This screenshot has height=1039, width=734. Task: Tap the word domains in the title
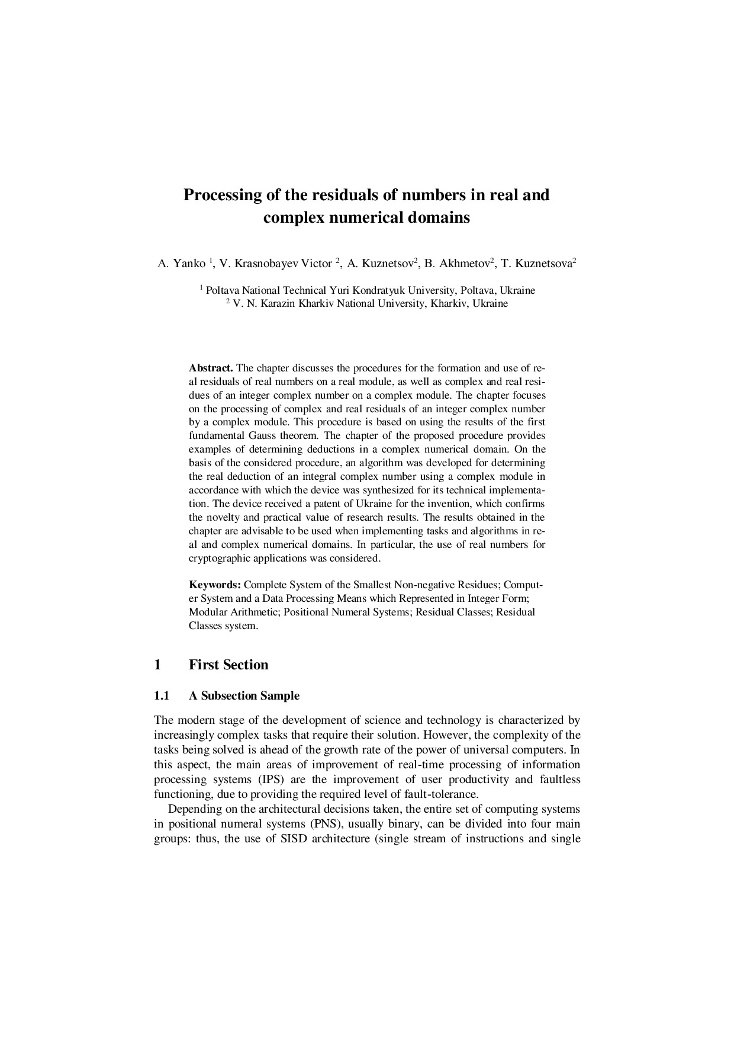440,218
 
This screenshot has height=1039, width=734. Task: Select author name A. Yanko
182,264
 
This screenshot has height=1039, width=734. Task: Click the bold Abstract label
211,368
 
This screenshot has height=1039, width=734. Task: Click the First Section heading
228,665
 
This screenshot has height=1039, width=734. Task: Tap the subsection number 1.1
162,696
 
